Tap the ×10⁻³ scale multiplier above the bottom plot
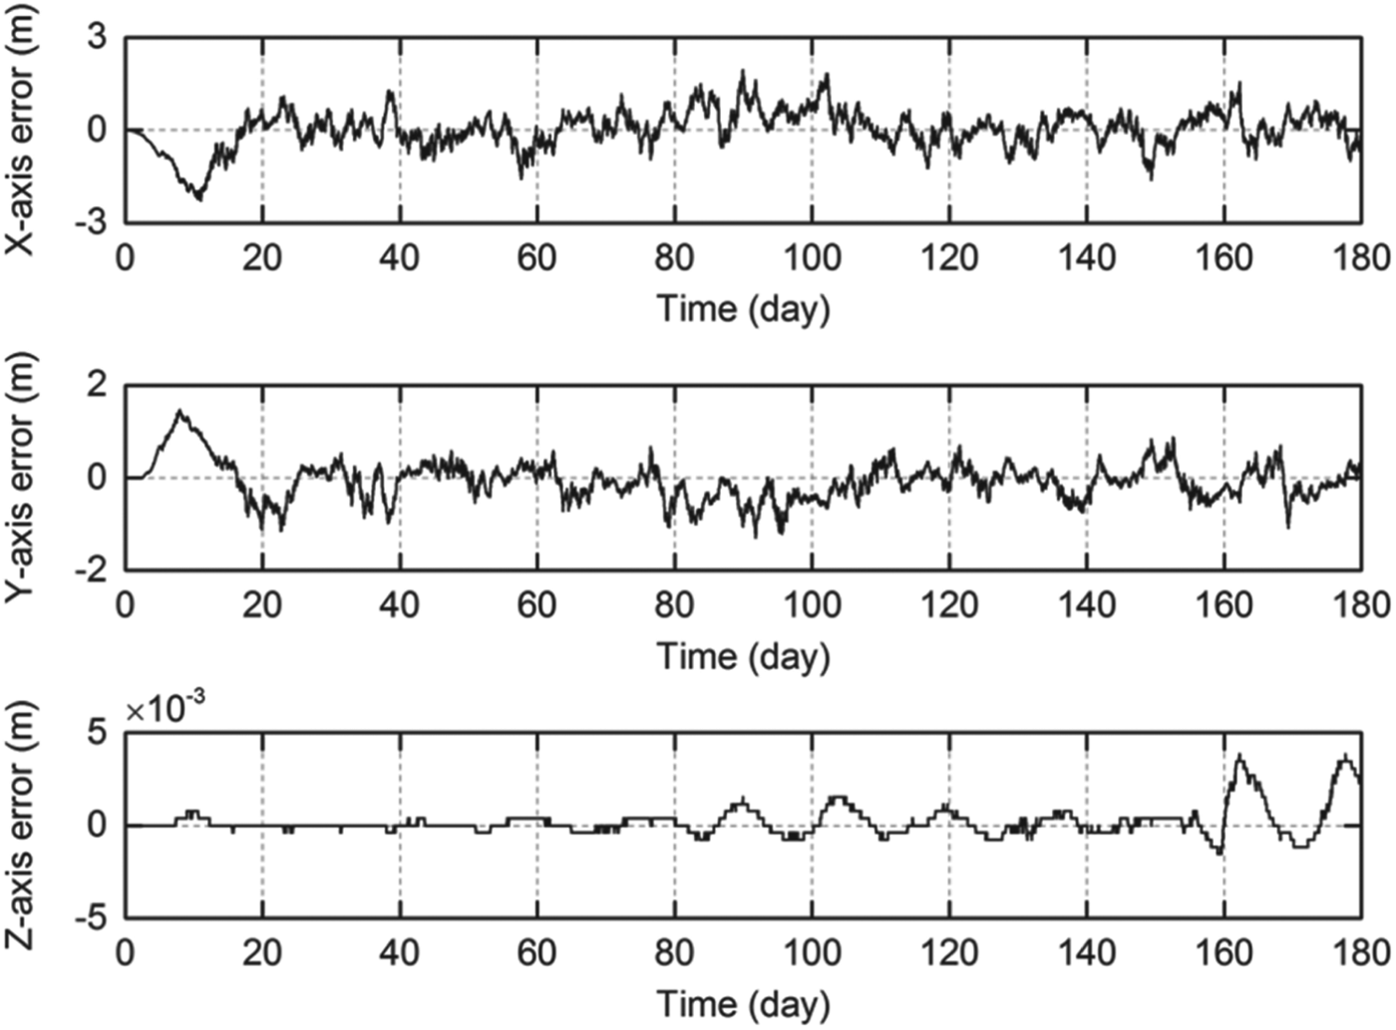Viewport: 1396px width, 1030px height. [x=167, y=709]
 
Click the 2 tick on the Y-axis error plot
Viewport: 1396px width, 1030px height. [x=98, y=386]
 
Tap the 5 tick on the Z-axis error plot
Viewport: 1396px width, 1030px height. [x=98, y=733]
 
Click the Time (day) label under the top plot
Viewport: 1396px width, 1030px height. [x=743, y=307]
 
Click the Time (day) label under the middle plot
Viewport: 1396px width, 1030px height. [x=743, y=655]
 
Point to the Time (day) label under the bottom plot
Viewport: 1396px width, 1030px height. [x=743, y=1002]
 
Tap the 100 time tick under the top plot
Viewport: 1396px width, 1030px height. [x=812, y=258]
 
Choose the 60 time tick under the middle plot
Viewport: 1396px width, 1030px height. [x=536, y=605]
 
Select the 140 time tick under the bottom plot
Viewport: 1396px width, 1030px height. [x=1087, y=952]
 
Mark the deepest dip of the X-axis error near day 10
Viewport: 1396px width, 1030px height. [x=199, y=198]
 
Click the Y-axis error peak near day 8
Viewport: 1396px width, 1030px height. [x=179, y=411]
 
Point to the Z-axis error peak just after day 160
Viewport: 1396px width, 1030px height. [x=1238, y=756]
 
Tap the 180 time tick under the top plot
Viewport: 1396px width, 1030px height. [x=1361, y=258]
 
